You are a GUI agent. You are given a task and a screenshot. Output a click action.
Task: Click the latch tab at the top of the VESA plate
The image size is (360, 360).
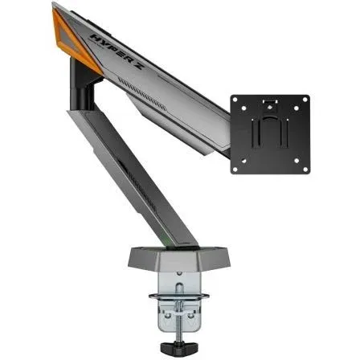pos(271,101)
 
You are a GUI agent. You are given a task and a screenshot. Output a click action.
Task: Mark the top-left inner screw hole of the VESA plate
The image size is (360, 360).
pos(249,112)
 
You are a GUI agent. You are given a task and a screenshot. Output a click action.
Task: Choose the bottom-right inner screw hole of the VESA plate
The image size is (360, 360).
pos(294,157)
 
